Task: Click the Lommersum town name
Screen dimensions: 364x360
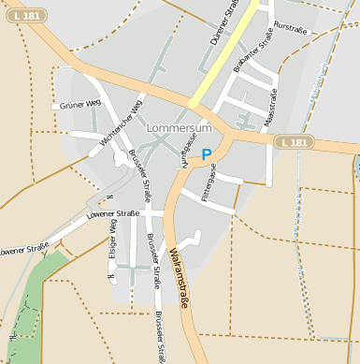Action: coord(180,125)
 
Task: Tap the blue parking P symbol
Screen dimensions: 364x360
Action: coord(207,155)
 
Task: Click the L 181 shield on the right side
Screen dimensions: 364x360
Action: coord(294,142)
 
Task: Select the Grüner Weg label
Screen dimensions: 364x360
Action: coord(79,105)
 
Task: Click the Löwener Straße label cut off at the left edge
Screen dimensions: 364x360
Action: coord(23,250)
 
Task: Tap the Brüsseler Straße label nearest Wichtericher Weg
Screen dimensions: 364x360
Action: coord(139,175)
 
